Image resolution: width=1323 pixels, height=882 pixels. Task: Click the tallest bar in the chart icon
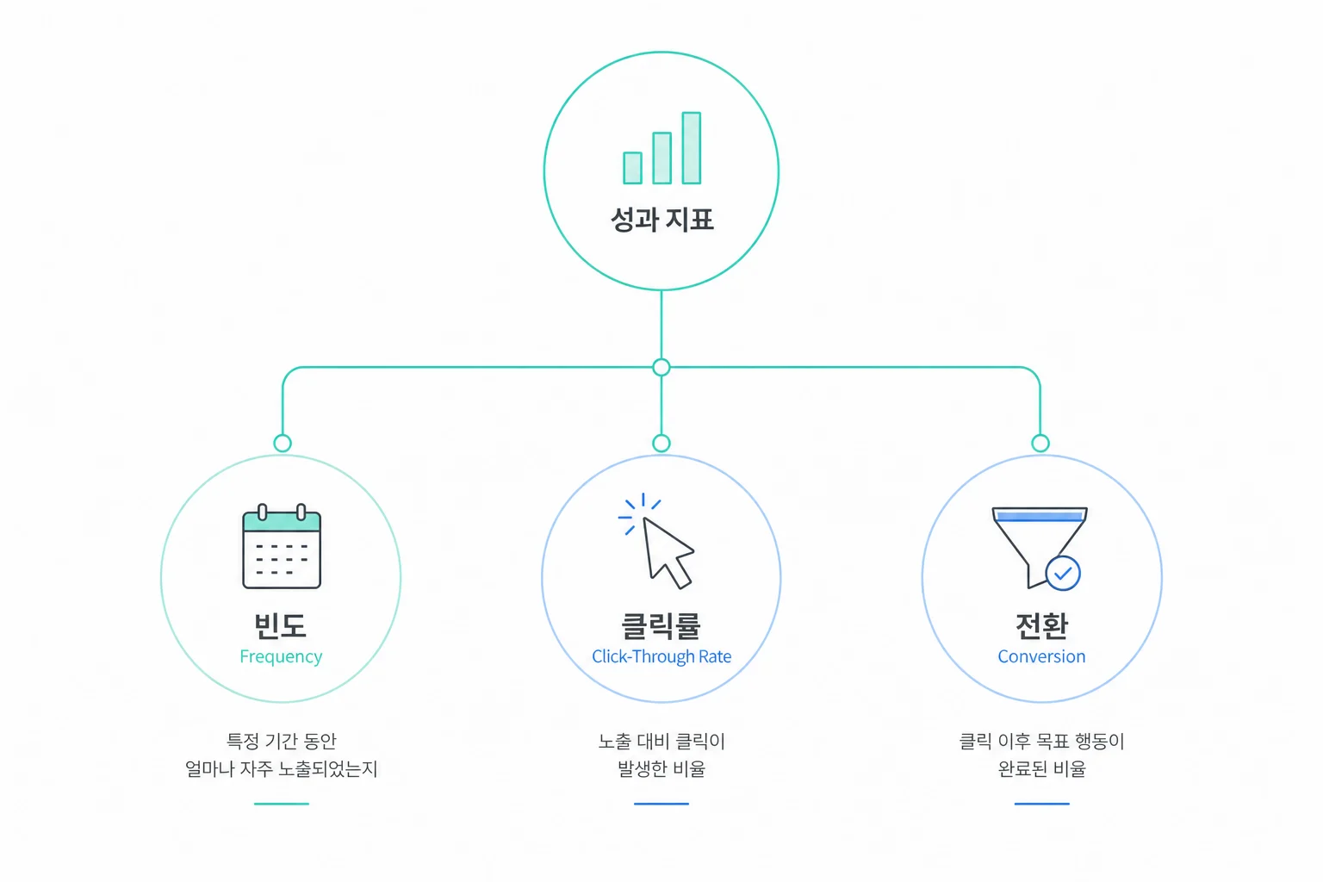click(691, 147)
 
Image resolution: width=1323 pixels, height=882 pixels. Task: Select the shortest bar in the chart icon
click(632, 168)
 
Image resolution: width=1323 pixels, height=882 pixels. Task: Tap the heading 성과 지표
click(661, 219)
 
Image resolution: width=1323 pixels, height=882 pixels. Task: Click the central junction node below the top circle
click(661, 368)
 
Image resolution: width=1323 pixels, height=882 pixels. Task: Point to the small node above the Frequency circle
click(283, 443)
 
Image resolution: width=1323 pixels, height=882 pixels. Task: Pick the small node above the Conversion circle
click(1040, 443)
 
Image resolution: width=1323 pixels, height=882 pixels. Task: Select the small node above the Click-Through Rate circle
click(661, 443)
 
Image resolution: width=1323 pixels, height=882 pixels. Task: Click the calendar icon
click(282, 546)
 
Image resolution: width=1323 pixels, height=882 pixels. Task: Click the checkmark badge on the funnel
click(1063, 573)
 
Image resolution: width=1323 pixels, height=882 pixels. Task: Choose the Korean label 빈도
click(281, 625)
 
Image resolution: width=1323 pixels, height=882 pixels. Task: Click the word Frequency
click(281, 657)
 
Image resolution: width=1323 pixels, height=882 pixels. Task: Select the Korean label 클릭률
click(661, 625)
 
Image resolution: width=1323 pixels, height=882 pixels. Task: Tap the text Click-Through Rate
click(661, 656)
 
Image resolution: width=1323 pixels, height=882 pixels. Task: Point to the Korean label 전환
click(1042, 625)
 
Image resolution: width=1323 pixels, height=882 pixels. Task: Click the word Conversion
click(1042, 656)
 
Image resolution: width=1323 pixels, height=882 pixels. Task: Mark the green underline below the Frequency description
click(282, 804)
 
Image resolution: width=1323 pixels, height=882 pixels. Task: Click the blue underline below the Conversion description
click(1042, 804)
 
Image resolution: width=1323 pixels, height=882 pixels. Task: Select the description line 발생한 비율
click(661, 768)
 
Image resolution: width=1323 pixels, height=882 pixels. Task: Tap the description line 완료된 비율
click(1042, 768)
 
